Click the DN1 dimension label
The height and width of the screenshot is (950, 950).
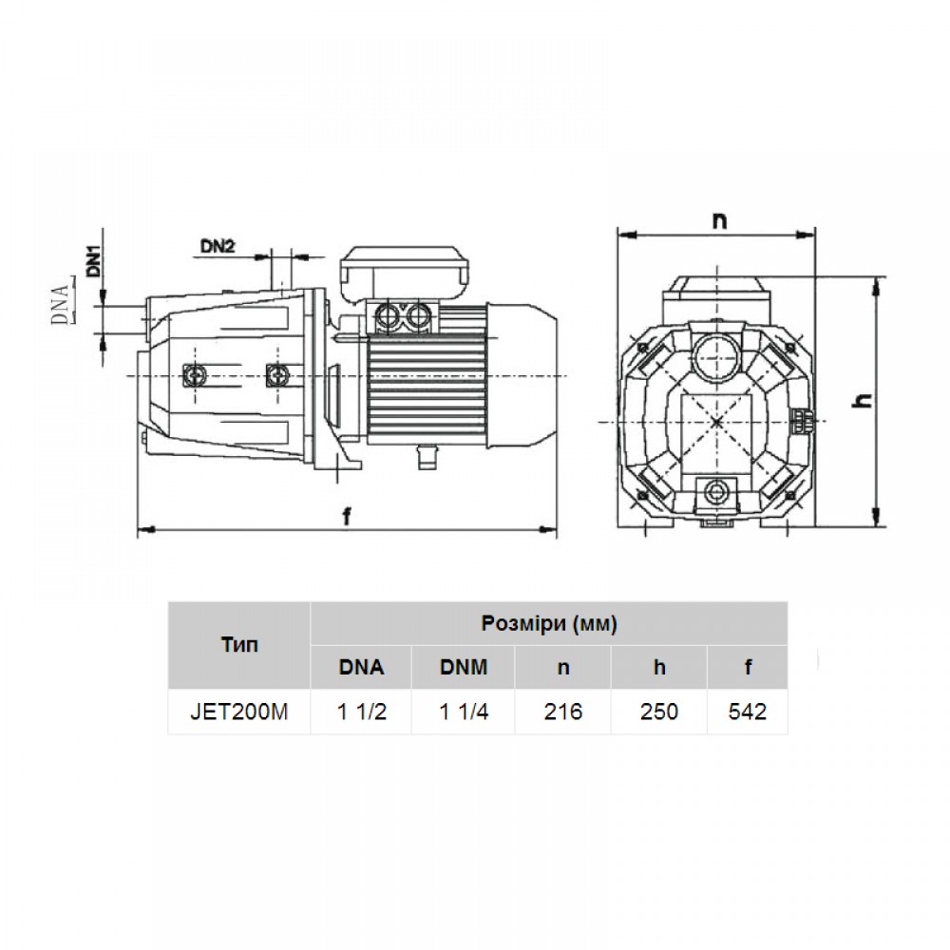pyautogui.click(x=94, y=259)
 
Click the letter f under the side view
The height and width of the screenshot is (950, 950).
pyautogui.click(x=347, y=516)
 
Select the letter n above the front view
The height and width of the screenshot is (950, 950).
pyautogui.click(x=719, y=221)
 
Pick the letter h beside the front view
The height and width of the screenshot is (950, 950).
pyautogui.click(x=863, y=400)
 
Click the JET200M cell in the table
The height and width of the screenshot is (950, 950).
pyautogui.click(x=239, y=712)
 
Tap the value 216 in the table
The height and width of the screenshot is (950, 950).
pyautogui.click(x=562, y=712)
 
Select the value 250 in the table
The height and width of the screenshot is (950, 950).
pyautogui.click(x=659, y=712)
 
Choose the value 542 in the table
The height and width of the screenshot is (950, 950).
pyautogui.click(x=748, y=712)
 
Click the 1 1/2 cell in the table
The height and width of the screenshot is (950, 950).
pyautogui.click(x=362, y=712)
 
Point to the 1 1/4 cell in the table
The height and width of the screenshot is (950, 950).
pyautogui.click(x=464, y=712)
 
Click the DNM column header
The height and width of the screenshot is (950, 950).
pyautogui.click(x=464, y=667)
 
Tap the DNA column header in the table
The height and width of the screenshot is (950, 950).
pyautogui.click(x=362, y=667)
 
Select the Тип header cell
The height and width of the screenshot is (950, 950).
pyautogui.click(x=239, y=645)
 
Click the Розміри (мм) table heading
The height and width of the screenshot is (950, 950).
pyautogui.click(x=549, y=623)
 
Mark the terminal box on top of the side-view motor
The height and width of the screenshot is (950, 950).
pyautogui.click(x=405, y=272)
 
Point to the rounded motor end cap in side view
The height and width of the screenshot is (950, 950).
pyautogui.click(x=522, y=375)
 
